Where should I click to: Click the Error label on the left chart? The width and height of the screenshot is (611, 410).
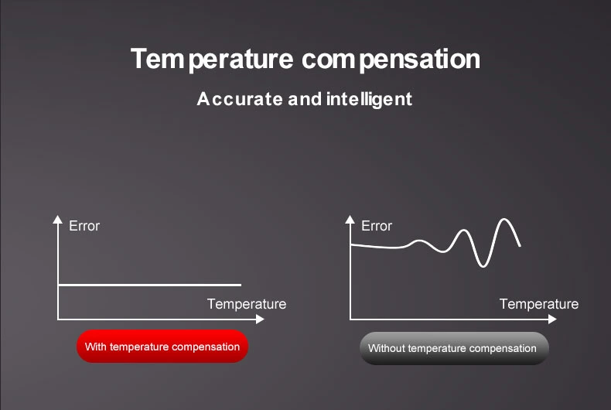84,226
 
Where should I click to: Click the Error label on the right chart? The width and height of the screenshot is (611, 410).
377,226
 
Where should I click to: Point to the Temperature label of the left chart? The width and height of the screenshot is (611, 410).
246,304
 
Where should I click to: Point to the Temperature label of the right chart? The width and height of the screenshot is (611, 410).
538,304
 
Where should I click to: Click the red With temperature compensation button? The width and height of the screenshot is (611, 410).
162,347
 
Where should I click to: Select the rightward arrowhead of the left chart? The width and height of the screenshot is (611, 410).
260,319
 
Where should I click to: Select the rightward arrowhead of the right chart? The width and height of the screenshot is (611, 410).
551,319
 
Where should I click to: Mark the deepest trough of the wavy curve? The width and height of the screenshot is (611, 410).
483,265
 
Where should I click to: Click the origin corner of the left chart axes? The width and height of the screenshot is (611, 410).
58,319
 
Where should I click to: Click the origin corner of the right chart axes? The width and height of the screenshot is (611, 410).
350,319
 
